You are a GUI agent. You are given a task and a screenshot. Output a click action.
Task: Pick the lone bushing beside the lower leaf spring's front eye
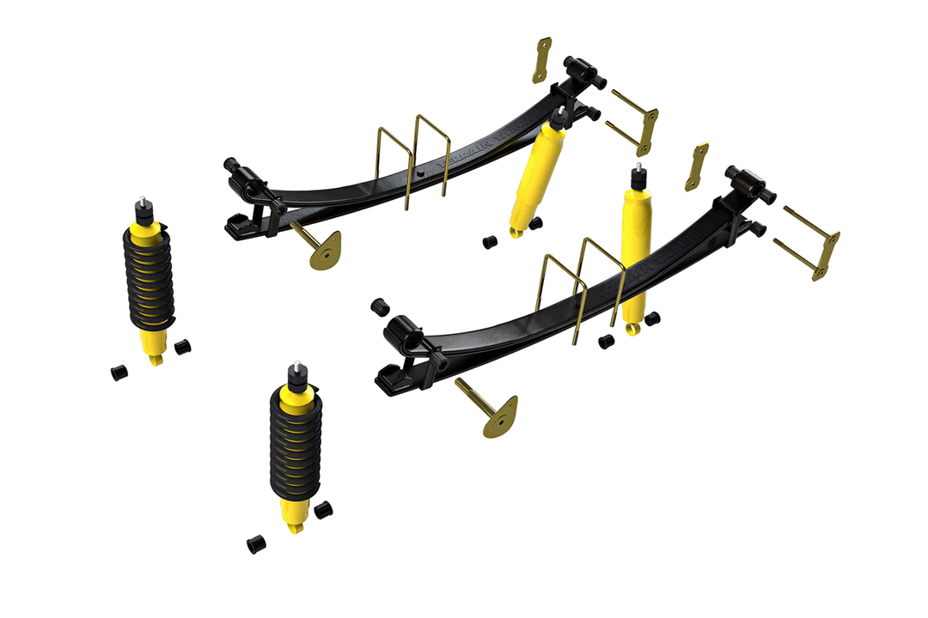(x=379, y=306)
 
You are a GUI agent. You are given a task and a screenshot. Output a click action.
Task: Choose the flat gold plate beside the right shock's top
(x=697, y=167)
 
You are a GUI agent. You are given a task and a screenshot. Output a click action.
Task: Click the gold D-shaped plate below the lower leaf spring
(x=502, y=417)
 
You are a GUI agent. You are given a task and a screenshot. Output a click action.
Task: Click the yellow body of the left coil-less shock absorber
(x=534, y=180)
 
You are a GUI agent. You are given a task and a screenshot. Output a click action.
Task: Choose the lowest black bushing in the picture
(x=255, y=544)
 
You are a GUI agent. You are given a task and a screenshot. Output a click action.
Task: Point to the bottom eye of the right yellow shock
(x=632, y=328)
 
